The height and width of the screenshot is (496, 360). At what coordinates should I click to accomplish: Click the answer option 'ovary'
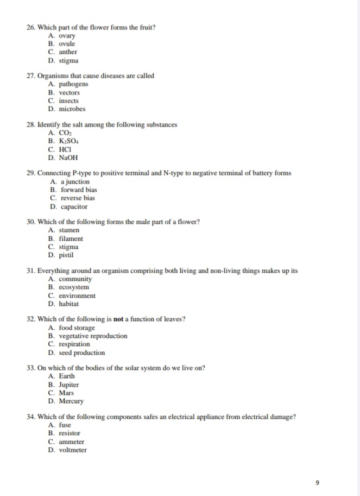pyautogui.click(x=66, y=35)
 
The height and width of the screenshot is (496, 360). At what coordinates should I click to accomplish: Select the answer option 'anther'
pyautogui.click(x=68, y=52)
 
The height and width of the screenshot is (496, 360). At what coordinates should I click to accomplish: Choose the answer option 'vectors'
pyautogui.click(x=68, y=92)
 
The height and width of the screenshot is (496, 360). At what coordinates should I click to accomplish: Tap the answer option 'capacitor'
pyautogui.click(x=73, y=206)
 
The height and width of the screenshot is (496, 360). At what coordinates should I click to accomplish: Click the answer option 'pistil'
pyautogui.click(x=66, y=255)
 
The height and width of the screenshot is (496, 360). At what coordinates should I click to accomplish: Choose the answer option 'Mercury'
pyautogui.click(x=71, y=401)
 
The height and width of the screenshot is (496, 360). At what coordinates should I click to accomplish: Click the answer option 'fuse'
pyautogui.click(x=64, y=425)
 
